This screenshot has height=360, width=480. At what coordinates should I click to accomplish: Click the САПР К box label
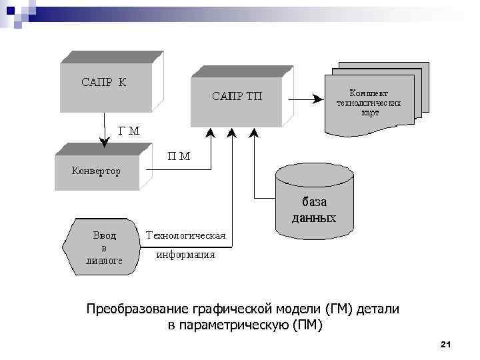[x=103, y=83]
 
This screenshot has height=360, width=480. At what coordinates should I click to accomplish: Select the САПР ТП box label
[x=237, y=97]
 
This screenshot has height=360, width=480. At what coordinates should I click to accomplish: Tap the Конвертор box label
[x=96, y=171]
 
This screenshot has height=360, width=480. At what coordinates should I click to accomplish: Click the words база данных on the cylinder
[x=313, y=209]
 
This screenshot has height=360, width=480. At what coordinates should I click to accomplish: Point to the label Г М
[x=129, y=131]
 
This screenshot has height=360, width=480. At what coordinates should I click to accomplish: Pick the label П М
[x=179, y=157]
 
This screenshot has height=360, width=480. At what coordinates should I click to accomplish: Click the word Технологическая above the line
[x=186, y=235]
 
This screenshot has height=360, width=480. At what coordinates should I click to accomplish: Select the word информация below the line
[x=185, y=255]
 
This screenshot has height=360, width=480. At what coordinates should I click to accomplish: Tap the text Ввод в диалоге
[x=104, y=248]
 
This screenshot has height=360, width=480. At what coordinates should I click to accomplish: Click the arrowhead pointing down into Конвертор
[x=103, y=142]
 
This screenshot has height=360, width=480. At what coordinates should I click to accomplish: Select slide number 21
[x=446, y=344]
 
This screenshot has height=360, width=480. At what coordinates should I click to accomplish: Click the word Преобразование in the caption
[x=138, y=309]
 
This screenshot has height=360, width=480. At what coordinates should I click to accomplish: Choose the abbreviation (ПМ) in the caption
[x=307, y=325]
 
